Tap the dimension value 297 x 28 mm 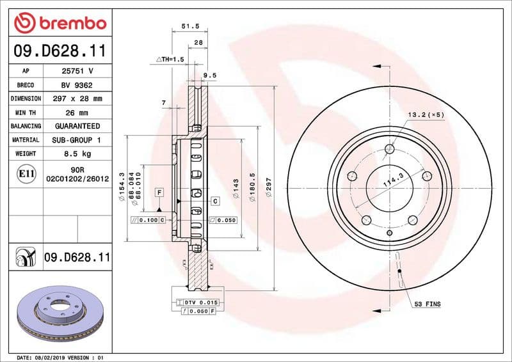77,98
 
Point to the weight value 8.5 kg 77,153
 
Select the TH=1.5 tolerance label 170,59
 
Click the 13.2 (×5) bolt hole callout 426,114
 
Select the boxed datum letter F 159,192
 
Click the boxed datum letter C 215,201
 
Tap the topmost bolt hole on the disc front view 389,150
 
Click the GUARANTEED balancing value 77,126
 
